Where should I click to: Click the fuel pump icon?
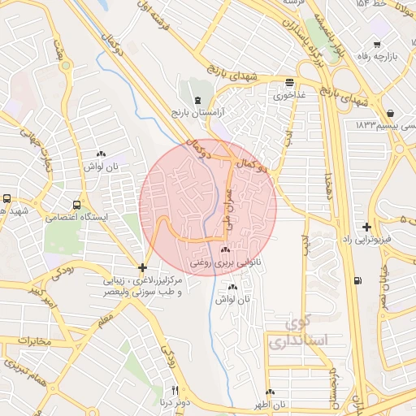tap(358, 281)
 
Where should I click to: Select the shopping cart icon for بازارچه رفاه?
tap(376, 45)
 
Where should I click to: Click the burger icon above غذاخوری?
tap(289, 82)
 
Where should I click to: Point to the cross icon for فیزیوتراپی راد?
tap(367, 227)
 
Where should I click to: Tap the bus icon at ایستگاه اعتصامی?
tap(76, 206)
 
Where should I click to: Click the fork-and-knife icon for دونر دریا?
tap(174, 390)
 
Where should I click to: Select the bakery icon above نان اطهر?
tap(269, 392)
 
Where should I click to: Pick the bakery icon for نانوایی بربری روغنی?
tap(224, 250)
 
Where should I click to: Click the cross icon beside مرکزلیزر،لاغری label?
tap(143, 266)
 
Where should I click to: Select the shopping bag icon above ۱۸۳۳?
tap(391, 113)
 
